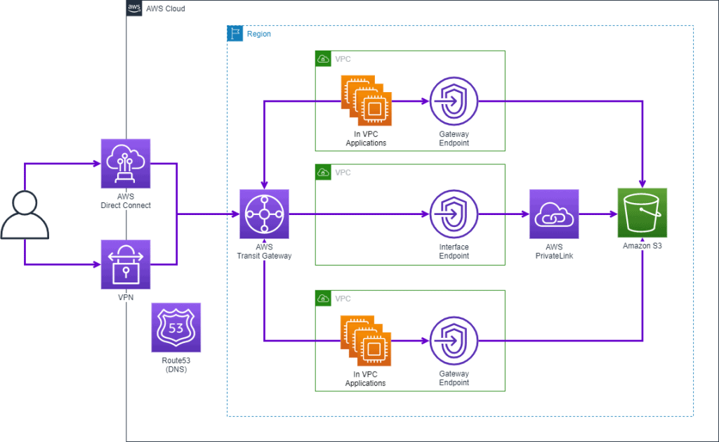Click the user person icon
(x=25, y=214)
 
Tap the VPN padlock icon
(x=126, y=264)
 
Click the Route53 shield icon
(x=176, y=327)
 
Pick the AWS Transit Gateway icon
(x=263, y=214)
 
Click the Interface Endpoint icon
(x=454, y=214)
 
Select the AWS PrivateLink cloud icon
(x=554, y=214)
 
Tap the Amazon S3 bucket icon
(x=642, y=213)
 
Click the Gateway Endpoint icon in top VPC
(x=454, y=101)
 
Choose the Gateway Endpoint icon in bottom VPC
(x=454, y=341)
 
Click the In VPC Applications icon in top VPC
(x=366, y=101)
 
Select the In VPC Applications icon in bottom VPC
(x=366, y=341)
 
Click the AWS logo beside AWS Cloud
(x=134, y=8)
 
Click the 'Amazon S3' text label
(x=642, y=247)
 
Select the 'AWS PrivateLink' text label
(x=554, y=252)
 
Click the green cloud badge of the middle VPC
(x=323, y=172)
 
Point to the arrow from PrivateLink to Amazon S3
(x=597, y=214)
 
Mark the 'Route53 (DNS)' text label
(x=176, y=364)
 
